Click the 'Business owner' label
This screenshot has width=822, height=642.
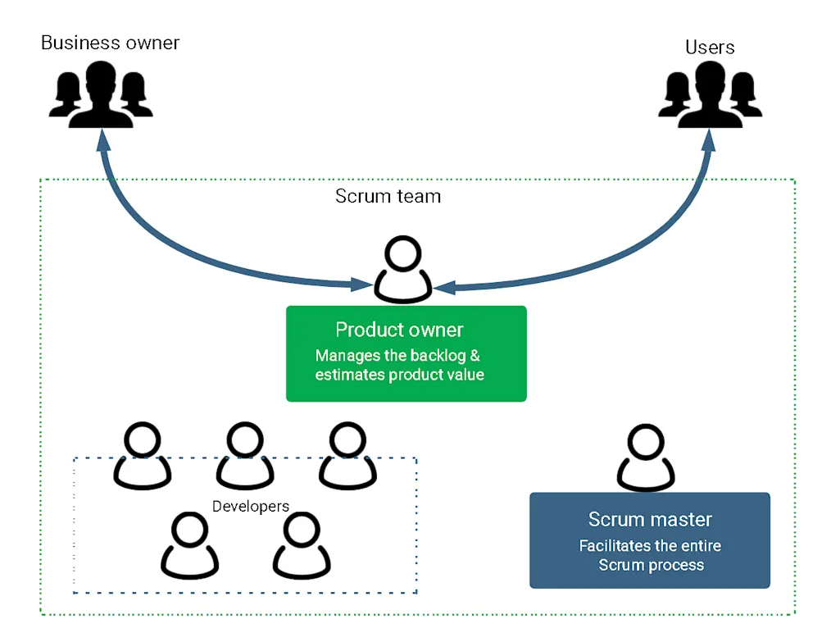tap(110, 43)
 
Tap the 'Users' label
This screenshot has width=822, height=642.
tap(710, 48)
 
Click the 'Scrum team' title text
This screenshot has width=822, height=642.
tap(388, 197)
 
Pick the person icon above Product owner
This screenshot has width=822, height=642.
tap(403, 271)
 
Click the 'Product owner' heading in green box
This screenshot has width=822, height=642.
tap(399, 330)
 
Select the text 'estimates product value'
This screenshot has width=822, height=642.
tap(400, 375)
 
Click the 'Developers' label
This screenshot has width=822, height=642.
tap(251, 507)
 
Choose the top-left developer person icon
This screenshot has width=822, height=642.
tap(142, 457)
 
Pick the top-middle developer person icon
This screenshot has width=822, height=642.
tap(244, 457)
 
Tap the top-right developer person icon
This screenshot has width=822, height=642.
tap(347, 457)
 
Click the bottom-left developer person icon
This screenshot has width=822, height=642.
tap(191, 546)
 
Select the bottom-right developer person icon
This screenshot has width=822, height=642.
tap(302, 546)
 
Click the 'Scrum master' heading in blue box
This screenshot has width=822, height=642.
tap(650, 520)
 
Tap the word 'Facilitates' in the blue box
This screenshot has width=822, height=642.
tap(615, 546)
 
